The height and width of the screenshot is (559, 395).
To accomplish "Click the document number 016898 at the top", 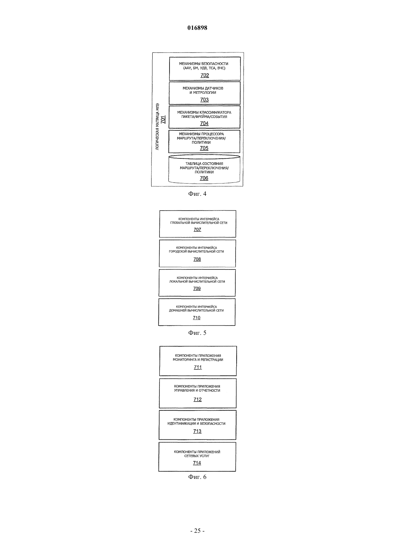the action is [x=197, y=28].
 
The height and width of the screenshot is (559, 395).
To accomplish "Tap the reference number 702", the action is [x=205, y=75].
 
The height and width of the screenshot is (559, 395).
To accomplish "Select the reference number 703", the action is [x=204, y=100].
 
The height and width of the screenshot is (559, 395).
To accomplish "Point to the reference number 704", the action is [x=204, y=124].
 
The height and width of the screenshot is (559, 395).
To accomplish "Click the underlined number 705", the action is [x=204, y=148].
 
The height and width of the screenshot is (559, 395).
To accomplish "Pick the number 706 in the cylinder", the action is [x=204, y=178].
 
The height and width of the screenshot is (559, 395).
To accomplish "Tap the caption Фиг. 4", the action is [x=197, y=194].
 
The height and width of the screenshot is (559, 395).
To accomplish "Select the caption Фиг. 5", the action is [x=197, y=333].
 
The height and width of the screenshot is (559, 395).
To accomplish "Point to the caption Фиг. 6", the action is [x=197, y=477].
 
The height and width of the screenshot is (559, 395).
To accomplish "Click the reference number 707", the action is [x=197, y=230].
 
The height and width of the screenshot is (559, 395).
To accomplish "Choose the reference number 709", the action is [x=197, y=288].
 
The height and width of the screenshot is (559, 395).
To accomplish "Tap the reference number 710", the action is [x=196, y=318].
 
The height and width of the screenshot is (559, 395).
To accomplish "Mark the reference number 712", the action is [x=197, y=399].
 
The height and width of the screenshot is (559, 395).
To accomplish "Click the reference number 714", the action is [x=197, y=463].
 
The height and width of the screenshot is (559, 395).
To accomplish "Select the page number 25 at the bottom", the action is [x=197, y=531].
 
